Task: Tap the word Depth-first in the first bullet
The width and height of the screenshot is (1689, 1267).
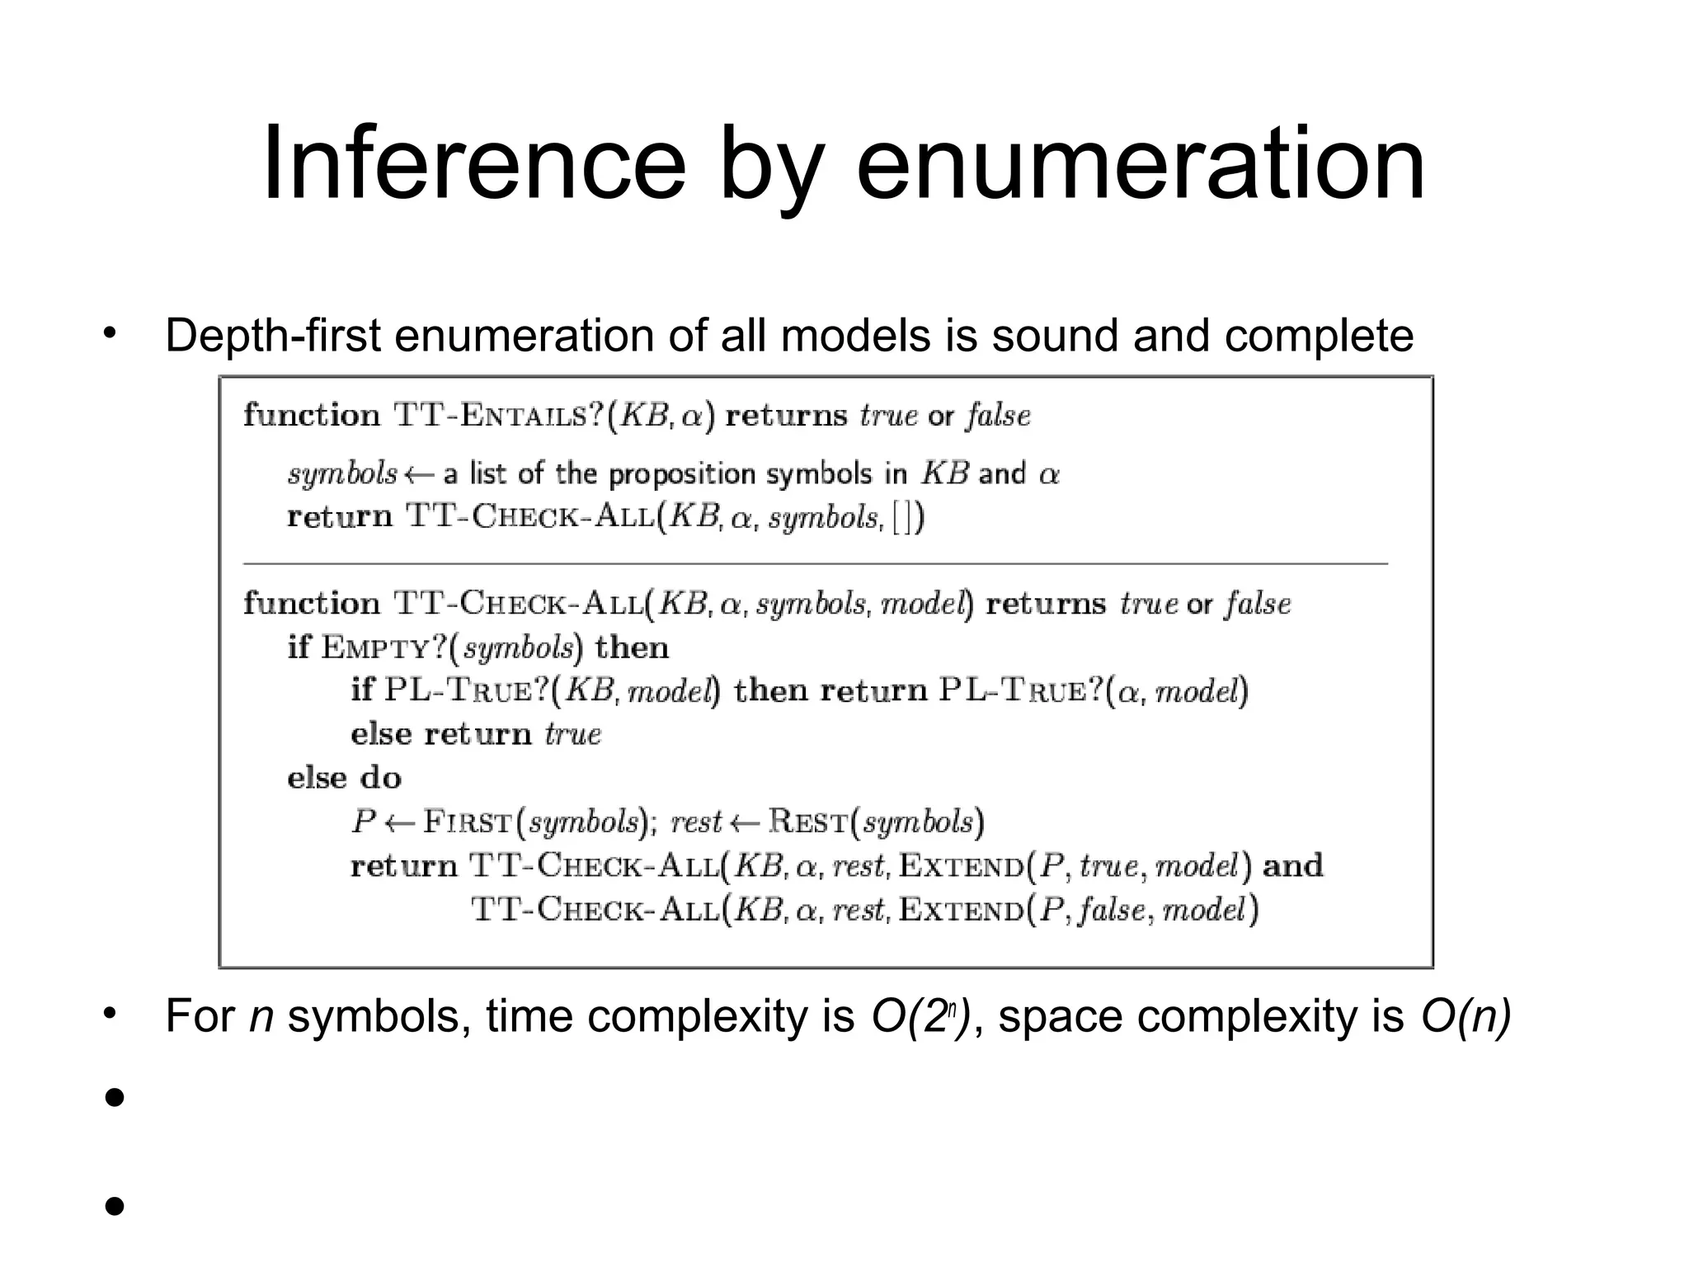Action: coord(272,336)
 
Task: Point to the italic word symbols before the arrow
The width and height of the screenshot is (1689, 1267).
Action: coord(342,473)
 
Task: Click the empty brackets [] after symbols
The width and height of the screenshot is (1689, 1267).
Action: coord(908,518)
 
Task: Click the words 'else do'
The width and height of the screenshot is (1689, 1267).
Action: coord(344,778)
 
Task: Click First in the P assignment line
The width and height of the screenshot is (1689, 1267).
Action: coord(468,822)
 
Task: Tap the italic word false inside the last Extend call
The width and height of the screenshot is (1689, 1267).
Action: coord(1112,910)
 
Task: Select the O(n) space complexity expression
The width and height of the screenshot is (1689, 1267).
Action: coord(1466,1015)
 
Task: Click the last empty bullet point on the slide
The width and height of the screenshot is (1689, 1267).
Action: coord(115,1206)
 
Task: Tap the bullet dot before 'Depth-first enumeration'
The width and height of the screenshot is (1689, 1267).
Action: coord(110,333)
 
